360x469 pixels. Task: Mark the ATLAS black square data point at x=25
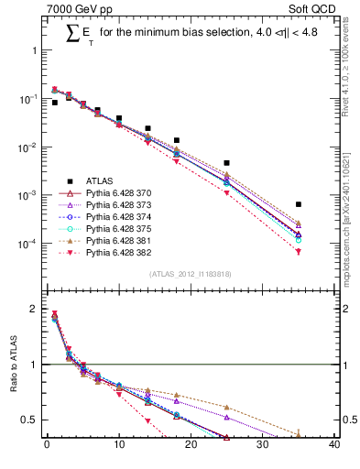click(x=226, y=163)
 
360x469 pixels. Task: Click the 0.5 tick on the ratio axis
click(x=30, y=420)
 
